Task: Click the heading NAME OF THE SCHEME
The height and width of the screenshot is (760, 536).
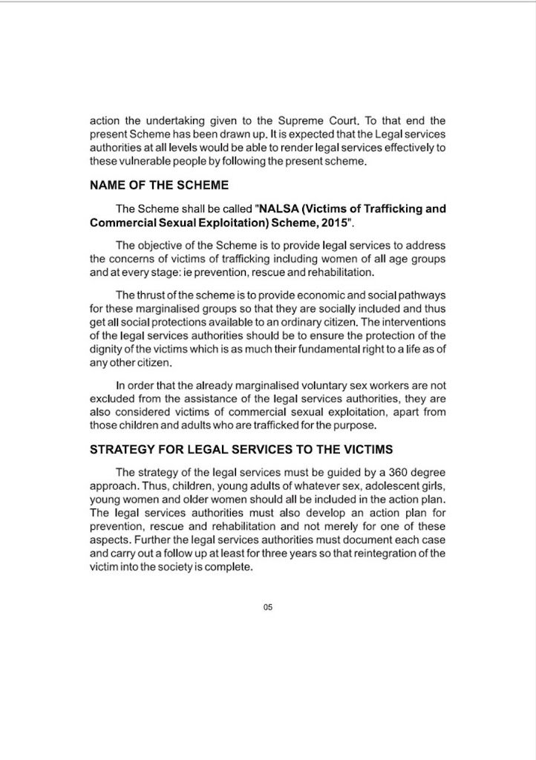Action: [159, 185]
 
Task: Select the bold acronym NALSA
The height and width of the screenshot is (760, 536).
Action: [279, 209]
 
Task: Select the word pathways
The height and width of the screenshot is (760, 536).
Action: [422, 293]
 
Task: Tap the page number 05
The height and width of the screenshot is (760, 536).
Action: [268, 608]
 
